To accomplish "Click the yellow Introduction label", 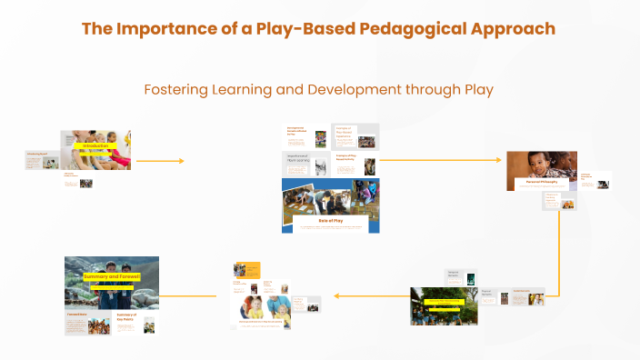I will point(95,146).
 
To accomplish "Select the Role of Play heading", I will point(330,219).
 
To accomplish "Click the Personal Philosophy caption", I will point(541,182).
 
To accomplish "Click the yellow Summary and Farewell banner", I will point(112,276).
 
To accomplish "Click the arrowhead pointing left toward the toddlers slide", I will point(336,295).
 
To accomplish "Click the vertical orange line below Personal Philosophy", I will point(558,245).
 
